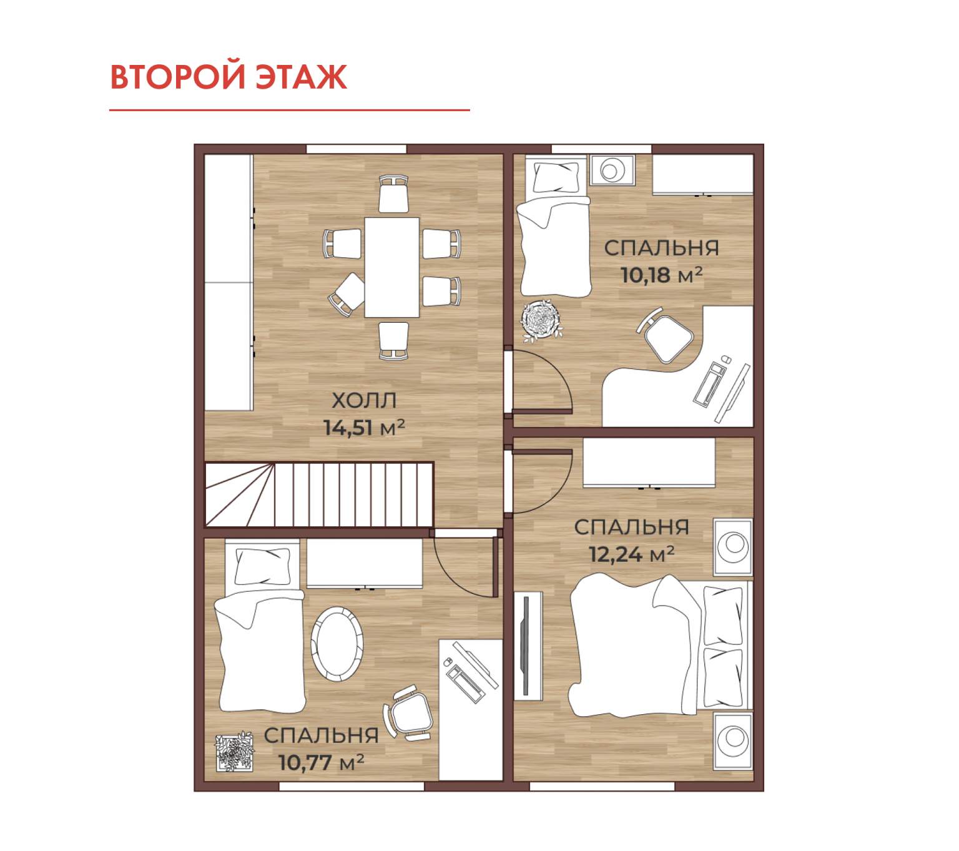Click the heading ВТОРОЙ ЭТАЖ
click(229, 76)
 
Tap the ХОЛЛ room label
click(363, 400)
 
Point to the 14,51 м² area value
click(363, 428)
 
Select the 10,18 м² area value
click(661, 275)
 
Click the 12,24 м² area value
click(631, 554)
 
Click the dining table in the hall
click(391, 267)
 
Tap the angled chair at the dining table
click(347, 294)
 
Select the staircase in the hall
click(319, 494)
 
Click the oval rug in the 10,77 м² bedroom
click(337, 644)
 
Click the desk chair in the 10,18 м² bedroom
click(664, 335)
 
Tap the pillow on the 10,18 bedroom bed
click(556, 177)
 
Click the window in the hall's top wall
click(357, 149)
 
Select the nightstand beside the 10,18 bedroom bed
click(612, 169)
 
